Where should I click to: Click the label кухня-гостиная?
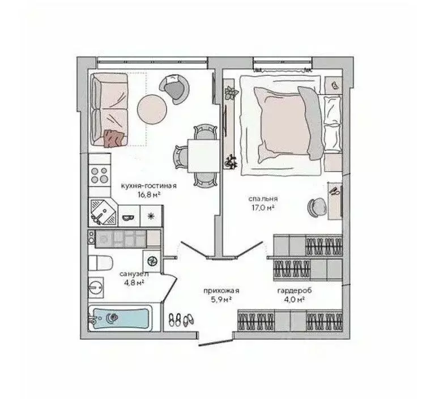click(148, 186)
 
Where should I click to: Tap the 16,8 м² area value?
click(148, 194)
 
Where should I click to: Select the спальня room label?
click(263, 199)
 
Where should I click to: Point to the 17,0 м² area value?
click(263, 208)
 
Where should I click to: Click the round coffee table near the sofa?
click(153, 108)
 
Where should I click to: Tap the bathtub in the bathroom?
click(120, 318)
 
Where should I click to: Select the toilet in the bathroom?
click(100, 263)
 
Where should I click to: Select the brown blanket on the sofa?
click(113, 138)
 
